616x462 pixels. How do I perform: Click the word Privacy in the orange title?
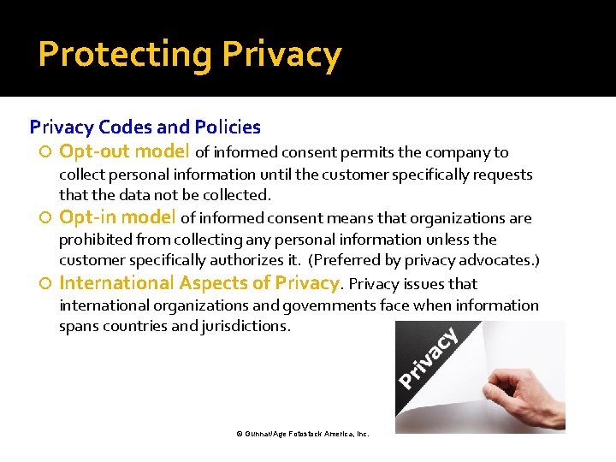tap(281, 55)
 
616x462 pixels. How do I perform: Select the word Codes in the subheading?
tap(127, 127)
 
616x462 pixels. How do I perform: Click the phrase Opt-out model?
tap(125, 152)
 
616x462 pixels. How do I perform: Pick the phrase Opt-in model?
tap(118, 217)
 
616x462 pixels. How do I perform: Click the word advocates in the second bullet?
tap(499, 260)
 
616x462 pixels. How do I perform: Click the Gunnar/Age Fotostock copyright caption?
tap(302, 435)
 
